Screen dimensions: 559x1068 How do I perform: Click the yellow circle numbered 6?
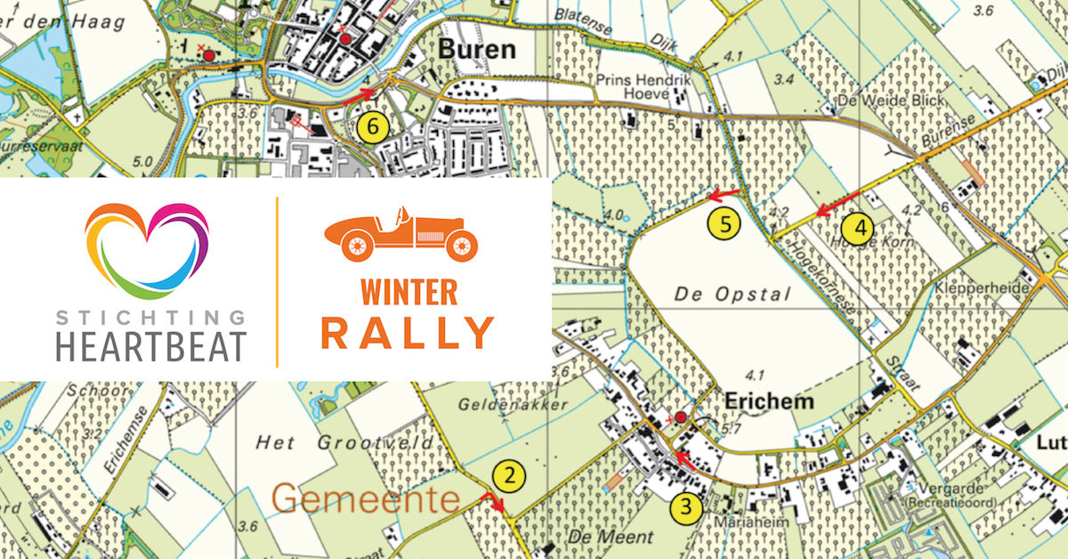coord(373,127)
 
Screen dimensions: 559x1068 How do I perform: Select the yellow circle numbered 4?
coord(859,229)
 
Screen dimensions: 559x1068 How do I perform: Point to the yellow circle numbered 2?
coord(508,476)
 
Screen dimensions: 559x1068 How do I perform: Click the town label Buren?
coord(477,49)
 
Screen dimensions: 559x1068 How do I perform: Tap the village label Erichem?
coord(769,401)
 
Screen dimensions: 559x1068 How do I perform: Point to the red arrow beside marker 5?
coord(723,192)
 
